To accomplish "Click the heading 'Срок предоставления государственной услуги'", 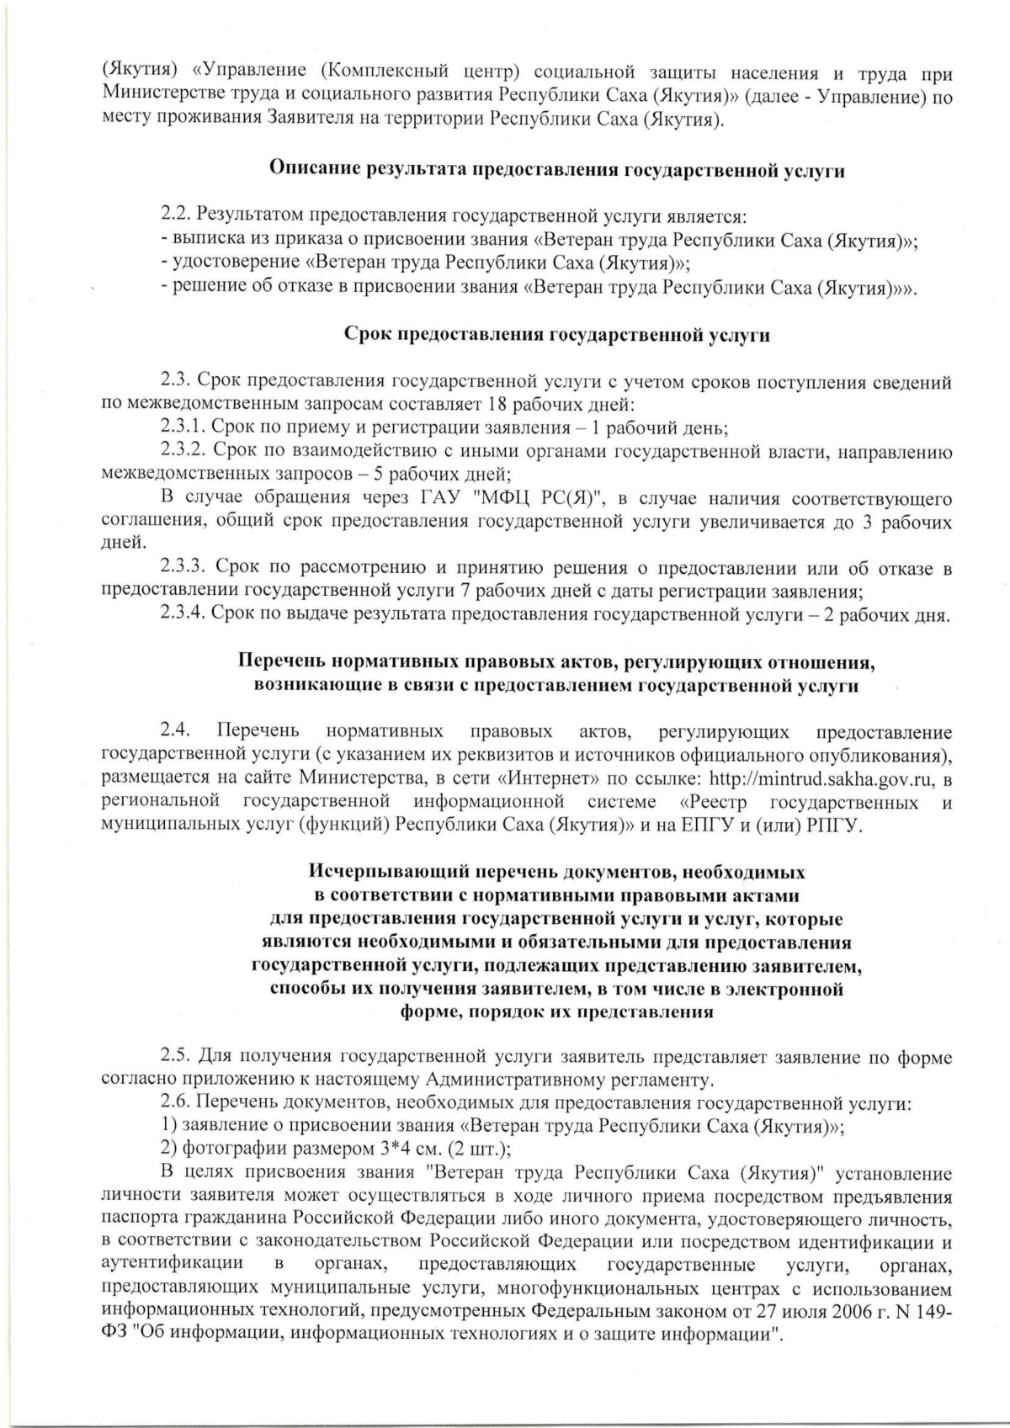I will (557, 335).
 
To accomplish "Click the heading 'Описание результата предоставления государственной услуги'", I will (556, 169).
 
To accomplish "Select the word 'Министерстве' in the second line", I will (151, 98).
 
